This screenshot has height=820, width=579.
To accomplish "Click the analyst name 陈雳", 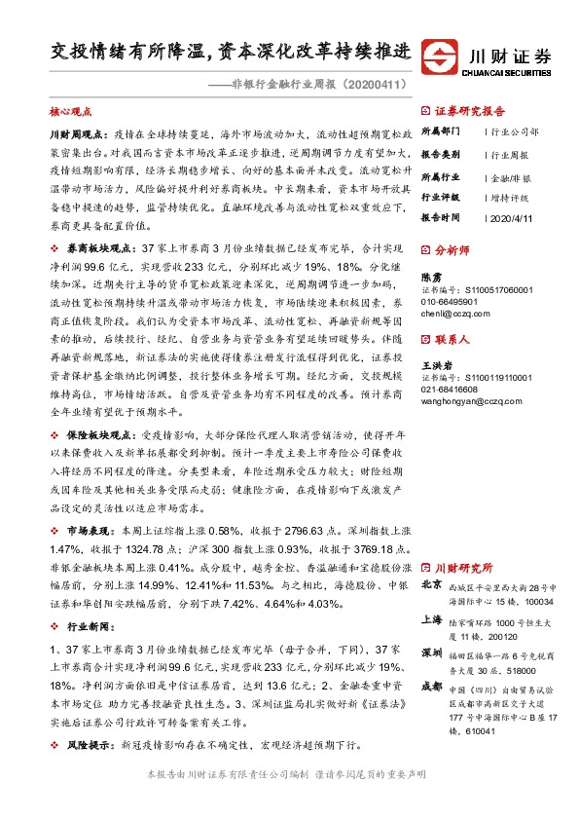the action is (x=431, y=277).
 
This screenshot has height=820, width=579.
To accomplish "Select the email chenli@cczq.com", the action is (x=455, y=315).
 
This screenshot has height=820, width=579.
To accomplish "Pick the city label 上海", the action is (x=432, y=618).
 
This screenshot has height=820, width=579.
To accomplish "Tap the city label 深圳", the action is (x=432, y=652).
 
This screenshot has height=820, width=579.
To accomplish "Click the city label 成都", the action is (x=432, y=686).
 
